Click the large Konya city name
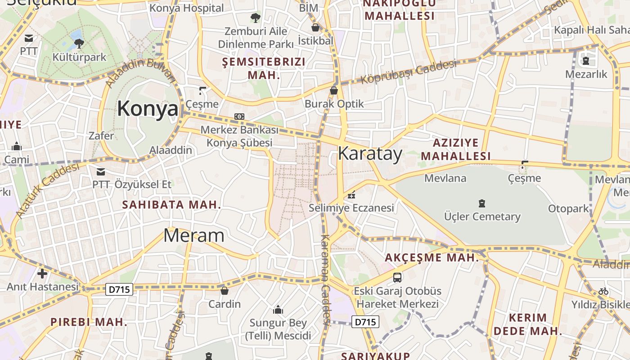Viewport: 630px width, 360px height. coord(148,109)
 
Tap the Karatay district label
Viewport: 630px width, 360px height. coord(370,154)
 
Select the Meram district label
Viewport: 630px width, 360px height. coord(193,235)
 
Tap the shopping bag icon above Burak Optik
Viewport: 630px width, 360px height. coord(334,90)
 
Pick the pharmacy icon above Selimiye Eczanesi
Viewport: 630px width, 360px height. coord(351,195)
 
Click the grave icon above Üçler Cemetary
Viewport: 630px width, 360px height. coord(482,203)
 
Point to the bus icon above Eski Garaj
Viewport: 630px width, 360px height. coord(397,278)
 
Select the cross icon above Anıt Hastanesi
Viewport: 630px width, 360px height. coord(42,273)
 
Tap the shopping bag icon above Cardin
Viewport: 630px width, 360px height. coord(225,291)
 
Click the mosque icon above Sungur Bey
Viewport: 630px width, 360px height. coord(278,310)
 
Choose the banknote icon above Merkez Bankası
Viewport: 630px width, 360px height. coord(239,117)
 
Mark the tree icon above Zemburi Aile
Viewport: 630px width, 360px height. coord(255,18)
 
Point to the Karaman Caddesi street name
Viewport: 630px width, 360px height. coord(325,279)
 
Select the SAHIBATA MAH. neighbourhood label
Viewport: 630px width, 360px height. coord(171,205)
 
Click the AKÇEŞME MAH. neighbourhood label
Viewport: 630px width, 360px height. coord(432,258)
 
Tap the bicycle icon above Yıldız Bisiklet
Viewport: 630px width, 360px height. coord(603,291)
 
